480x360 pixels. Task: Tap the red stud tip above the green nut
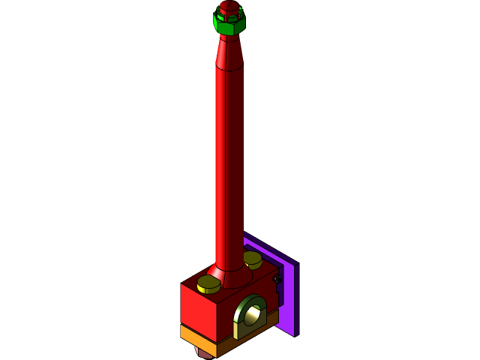229,7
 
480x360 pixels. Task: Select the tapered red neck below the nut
229,52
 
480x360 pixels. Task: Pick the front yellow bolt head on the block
208,284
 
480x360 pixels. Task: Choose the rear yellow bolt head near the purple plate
252,259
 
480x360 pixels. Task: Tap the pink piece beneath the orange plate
204,354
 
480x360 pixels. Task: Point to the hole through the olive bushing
252,317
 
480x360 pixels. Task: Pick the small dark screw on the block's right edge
277,280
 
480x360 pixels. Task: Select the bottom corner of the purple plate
296,333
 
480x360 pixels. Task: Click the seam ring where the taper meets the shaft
229,69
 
